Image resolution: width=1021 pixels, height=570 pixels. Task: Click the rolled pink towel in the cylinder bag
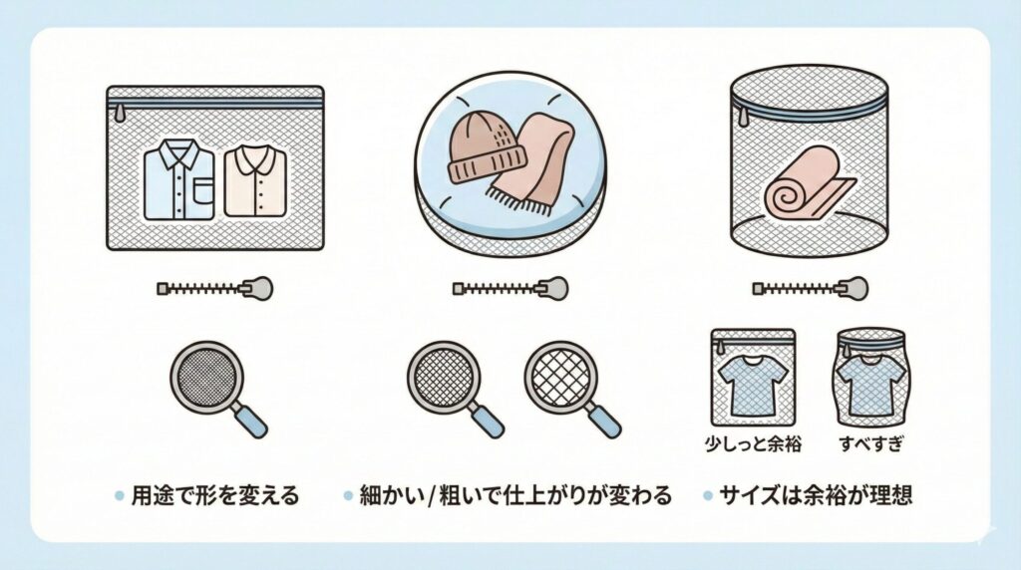point(808,185)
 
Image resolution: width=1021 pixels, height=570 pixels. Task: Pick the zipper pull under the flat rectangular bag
point(258,288)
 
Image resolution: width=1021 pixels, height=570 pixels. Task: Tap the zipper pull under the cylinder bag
point(853,288)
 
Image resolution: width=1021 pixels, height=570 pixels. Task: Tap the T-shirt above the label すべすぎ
point(870,383)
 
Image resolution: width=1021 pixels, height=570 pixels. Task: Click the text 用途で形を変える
point(214,496)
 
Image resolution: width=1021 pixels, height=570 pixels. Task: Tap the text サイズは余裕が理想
point(814,496)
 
